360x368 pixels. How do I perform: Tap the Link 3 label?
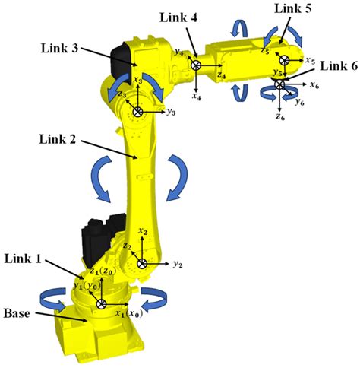click(x=58, y=47)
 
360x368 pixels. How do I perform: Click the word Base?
click(x=18, y=312)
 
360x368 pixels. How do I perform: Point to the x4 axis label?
click(x=196, y=97)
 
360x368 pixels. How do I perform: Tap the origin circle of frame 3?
click(x=137, y=112)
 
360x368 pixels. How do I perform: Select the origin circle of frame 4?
click(x=196, y=66)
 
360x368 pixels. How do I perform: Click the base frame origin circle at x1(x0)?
click(x=101, y=303)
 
